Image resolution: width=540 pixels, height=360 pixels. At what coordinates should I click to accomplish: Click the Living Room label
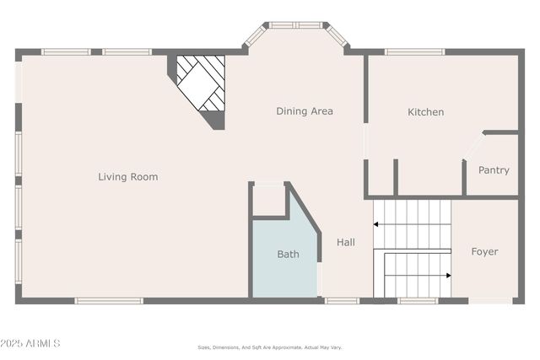[x=127, y=177]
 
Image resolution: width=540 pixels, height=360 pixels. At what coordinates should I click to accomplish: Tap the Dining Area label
[x=305, y=111]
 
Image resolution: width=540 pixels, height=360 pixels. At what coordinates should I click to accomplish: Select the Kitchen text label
[x=425, y=112]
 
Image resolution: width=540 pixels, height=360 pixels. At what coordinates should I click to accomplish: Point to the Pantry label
[x=494, y=170]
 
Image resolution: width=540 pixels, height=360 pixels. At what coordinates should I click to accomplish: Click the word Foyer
[x=484, y=251]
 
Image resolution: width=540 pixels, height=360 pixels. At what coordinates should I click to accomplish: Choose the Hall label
[x=346, y=243]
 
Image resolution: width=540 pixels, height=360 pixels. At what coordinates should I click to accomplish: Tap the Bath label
[x=288, y=254]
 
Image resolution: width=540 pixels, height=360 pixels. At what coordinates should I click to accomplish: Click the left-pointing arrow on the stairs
[x=377, y=224]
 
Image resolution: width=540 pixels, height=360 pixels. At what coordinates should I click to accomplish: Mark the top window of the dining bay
[x=295, y=25]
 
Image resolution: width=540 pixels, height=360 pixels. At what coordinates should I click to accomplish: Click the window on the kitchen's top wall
[x=414, y=52]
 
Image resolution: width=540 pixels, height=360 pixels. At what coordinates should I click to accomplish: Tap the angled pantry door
[x=474, y=146]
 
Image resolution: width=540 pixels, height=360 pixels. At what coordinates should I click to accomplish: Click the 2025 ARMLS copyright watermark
[x=30, y=343]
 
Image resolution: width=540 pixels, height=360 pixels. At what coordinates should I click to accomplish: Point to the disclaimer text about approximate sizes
[x=270, y=347]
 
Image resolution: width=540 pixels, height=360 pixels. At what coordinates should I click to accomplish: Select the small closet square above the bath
[x=269, y=200]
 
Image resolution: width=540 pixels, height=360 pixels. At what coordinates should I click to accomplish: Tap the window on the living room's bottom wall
[x=109, y=300]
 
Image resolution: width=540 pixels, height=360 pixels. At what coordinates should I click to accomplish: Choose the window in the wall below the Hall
[x=342, y=300]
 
